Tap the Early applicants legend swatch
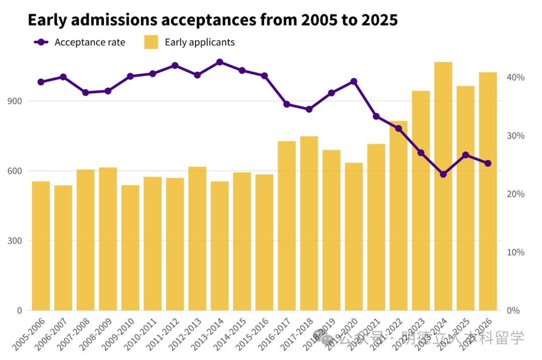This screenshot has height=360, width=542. coord(151,42)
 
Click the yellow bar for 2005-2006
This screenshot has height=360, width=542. coord(41,246)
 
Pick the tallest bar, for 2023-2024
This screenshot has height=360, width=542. coord(443,186)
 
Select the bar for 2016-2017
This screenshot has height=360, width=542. coord(287,225)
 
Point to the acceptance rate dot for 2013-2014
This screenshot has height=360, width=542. coord(220,62)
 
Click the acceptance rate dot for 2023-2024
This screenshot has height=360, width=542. coord(443,174)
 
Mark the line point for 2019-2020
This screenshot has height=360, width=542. coord(354,81)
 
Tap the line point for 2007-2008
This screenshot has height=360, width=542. coord(85,92)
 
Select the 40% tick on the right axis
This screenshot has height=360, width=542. coord(515,77)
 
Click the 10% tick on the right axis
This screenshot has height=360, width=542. coord(515,252)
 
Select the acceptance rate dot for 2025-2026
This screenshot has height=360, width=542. coord(488,163)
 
